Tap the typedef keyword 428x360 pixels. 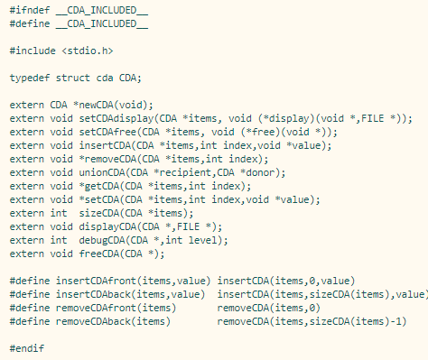point(30,78)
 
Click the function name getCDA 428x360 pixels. point(97,186)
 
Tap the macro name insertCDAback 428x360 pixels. point(94,294)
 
